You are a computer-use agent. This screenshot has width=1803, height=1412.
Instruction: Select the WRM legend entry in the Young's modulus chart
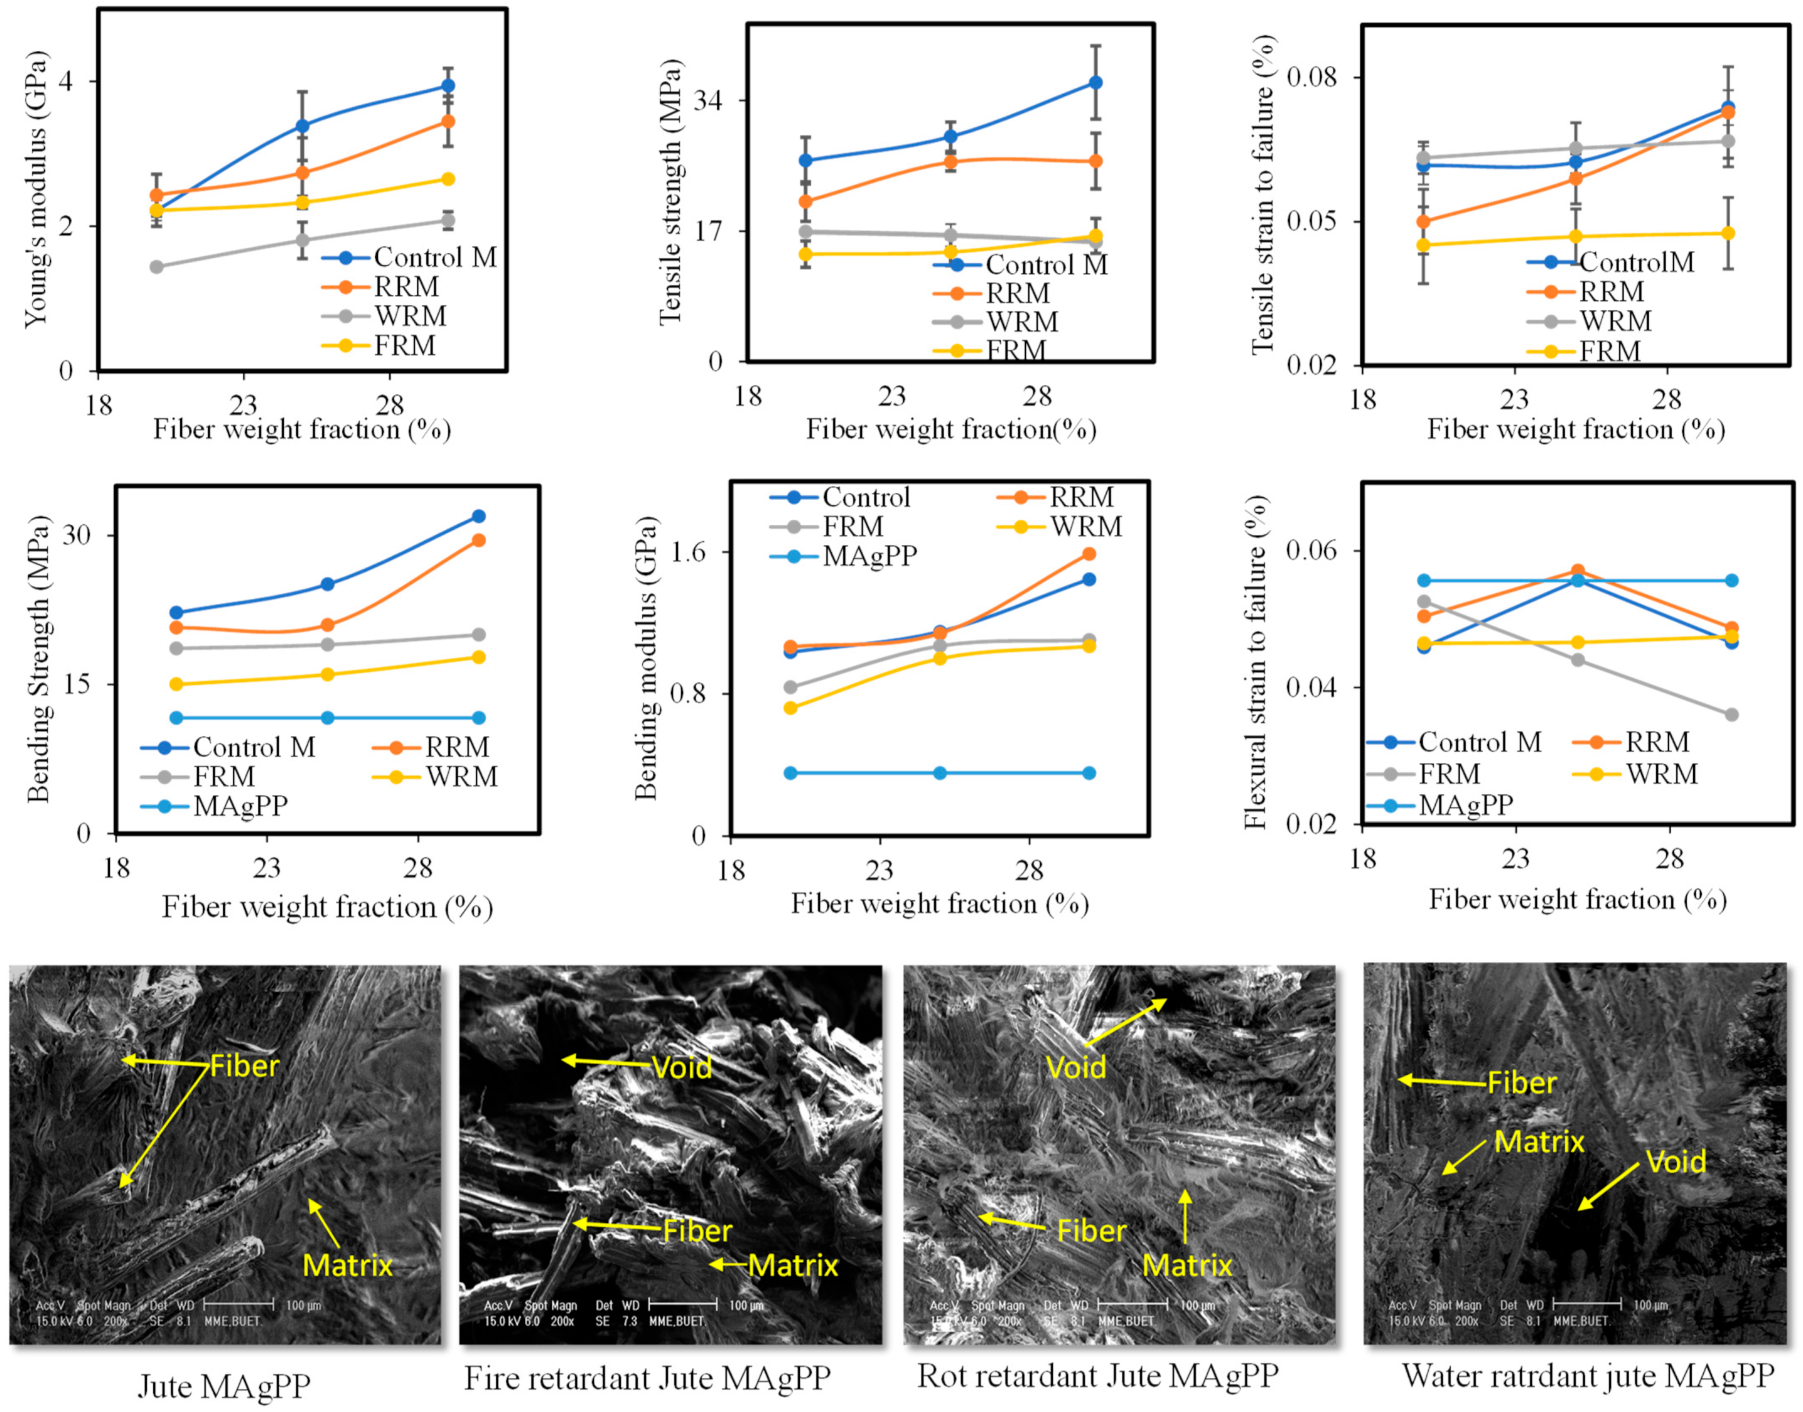click(409, 316)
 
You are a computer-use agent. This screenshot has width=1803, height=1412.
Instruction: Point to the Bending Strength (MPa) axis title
click(38, 659)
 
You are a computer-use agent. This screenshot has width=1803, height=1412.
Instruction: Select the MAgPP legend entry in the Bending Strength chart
click(240, 806)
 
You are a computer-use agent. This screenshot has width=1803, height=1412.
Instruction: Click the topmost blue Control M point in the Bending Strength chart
click(478, 517)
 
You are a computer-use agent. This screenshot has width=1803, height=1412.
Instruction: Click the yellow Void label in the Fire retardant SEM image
click(681, 1067)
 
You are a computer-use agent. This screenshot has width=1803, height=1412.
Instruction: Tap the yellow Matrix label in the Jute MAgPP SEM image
click(347, 1266)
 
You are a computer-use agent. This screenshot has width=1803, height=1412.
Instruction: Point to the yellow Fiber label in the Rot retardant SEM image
click(1091, 1231)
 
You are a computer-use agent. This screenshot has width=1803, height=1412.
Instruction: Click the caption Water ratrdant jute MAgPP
click(1587, 1376)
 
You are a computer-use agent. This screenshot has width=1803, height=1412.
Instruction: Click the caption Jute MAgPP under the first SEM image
click(224, 1386)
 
